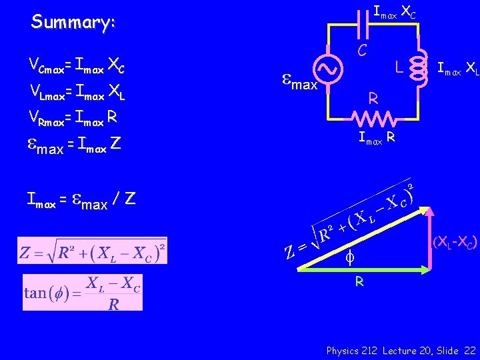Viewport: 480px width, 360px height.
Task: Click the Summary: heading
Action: [73, 22]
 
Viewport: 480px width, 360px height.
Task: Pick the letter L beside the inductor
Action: [398, 68]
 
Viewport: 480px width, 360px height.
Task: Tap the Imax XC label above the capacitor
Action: [395, 13]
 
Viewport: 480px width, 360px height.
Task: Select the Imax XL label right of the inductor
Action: [457, 67]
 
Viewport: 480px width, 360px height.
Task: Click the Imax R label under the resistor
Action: [377, 139]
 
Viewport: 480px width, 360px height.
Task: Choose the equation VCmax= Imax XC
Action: [77, 65]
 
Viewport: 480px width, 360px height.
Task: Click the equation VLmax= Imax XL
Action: [77, 93]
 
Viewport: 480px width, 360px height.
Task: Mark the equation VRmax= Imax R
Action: [73, 118]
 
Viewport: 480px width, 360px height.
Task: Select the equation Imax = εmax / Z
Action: [81, 199]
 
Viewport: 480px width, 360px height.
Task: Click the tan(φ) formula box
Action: [83, 292]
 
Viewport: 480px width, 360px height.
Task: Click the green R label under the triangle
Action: [359, 282]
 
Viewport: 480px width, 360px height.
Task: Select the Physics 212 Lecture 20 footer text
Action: [401, 350]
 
